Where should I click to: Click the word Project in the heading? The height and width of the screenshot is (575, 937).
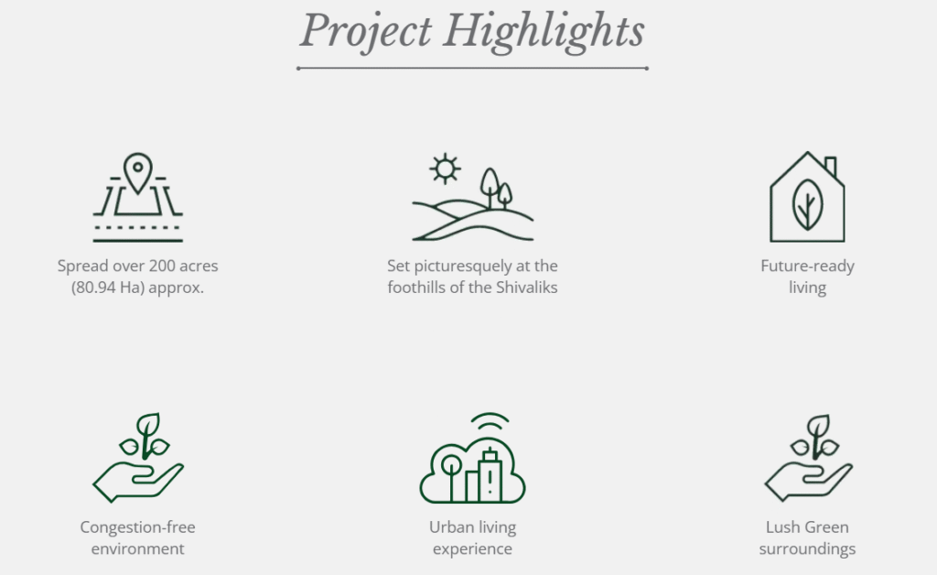[x=365, y=31]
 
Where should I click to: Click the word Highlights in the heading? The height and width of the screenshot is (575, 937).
[x=544, y=31]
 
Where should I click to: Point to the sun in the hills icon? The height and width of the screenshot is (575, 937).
[x=446, y=168]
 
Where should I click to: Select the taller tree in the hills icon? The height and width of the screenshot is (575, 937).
[x=490, y=187]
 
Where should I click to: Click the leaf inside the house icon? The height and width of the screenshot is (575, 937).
[x=807, y=204]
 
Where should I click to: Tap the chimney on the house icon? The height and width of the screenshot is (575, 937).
[x=830, y=167]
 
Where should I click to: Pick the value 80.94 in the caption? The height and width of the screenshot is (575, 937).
[x=95, y=287]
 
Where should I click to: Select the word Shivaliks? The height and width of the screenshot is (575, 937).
[x=527, y=287]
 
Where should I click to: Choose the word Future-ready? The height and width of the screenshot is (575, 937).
[x=807, y=266]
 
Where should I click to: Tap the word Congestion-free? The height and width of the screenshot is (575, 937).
[x=137, y=527]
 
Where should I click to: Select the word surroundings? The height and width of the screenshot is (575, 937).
[x=807, y=548]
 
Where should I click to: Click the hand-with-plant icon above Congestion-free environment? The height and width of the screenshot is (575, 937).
[x=138, y=457]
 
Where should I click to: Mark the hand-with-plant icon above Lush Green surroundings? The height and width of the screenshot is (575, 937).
[x=809, y=458]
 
